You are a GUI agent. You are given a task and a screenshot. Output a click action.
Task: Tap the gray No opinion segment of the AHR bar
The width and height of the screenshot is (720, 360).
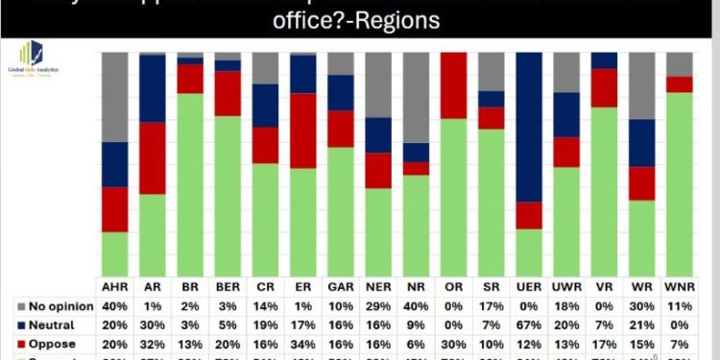115,97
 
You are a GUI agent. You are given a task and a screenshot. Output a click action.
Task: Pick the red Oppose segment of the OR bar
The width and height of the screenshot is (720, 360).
453,85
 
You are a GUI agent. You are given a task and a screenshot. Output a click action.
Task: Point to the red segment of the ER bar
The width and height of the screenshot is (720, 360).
303,131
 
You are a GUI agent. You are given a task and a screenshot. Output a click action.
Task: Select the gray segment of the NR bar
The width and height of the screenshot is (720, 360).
416,97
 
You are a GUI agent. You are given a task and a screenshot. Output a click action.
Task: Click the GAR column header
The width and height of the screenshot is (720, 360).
340,287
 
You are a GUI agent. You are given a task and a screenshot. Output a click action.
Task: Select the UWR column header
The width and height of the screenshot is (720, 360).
566,287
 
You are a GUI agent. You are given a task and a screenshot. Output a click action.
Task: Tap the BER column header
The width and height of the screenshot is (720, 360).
228,287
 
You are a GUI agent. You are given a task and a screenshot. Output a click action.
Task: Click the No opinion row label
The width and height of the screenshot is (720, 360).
60,306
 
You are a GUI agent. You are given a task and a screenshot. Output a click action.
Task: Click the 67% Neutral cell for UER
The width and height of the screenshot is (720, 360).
529,324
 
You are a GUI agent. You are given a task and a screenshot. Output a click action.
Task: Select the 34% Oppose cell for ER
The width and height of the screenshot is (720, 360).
303,344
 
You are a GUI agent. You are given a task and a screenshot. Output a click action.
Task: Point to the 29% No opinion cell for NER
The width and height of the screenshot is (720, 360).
378,306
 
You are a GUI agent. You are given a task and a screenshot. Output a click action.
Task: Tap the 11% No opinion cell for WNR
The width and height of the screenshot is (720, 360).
679,306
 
